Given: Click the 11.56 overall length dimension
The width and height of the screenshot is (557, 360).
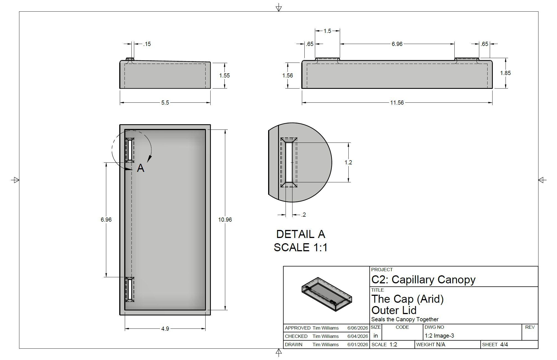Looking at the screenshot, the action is (x=397, y=103).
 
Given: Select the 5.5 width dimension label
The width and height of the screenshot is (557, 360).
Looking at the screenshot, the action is (x=165, y=103).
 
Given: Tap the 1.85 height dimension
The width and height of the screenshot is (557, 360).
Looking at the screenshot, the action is (x=505, y=73).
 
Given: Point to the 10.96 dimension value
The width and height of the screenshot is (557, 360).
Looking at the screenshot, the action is (x=225, y=220).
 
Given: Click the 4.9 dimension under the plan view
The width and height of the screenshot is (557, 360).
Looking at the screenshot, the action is (x=165, y=329).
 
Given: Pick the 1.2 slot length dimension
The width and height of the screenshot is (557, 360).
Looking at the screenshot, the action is (x=348, y=162).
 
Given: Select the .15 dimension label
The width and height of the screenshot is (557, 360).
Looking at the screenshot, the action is (x=147, y=44).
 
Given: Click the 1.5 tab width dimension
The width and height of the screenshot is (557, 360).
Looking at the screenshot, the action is (x=327, y=31).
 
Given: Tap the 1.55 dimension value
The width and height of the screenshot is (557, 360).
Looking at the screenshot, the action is (x=224, y=76).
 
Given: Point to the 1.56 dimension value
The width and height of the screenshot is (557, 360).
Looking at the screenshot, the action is (x=287, y=76).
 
